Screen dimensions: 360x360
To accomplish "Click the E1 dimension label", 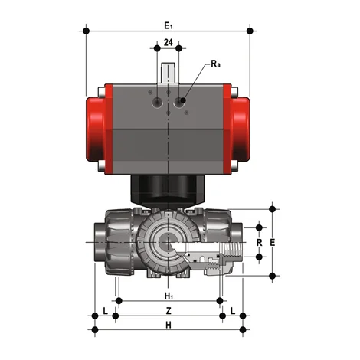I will coord(169,25).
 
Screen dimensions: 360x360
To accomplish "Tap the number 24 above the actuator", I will coord(167,44).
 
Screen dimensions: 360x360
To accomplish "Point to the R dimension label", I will coord(259,244).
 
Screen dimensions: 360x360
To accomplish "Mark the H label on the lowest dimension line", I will coord(168,326).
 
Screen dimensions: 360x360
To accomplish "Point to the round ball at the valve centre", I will coord(167,244).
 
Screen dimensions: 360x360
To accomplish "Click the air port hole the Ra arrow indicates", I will coord(183,101).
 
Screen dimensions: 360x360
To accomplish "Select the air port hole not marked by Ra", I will coord(155,101).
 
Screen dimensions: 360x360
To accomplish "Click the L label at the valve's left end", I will coord(105,310).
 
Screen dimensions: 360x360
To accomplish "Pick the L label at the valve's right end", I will coord(232,310).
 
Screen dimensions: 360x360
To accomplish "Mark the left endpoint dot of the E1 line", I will coord(87,31).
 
